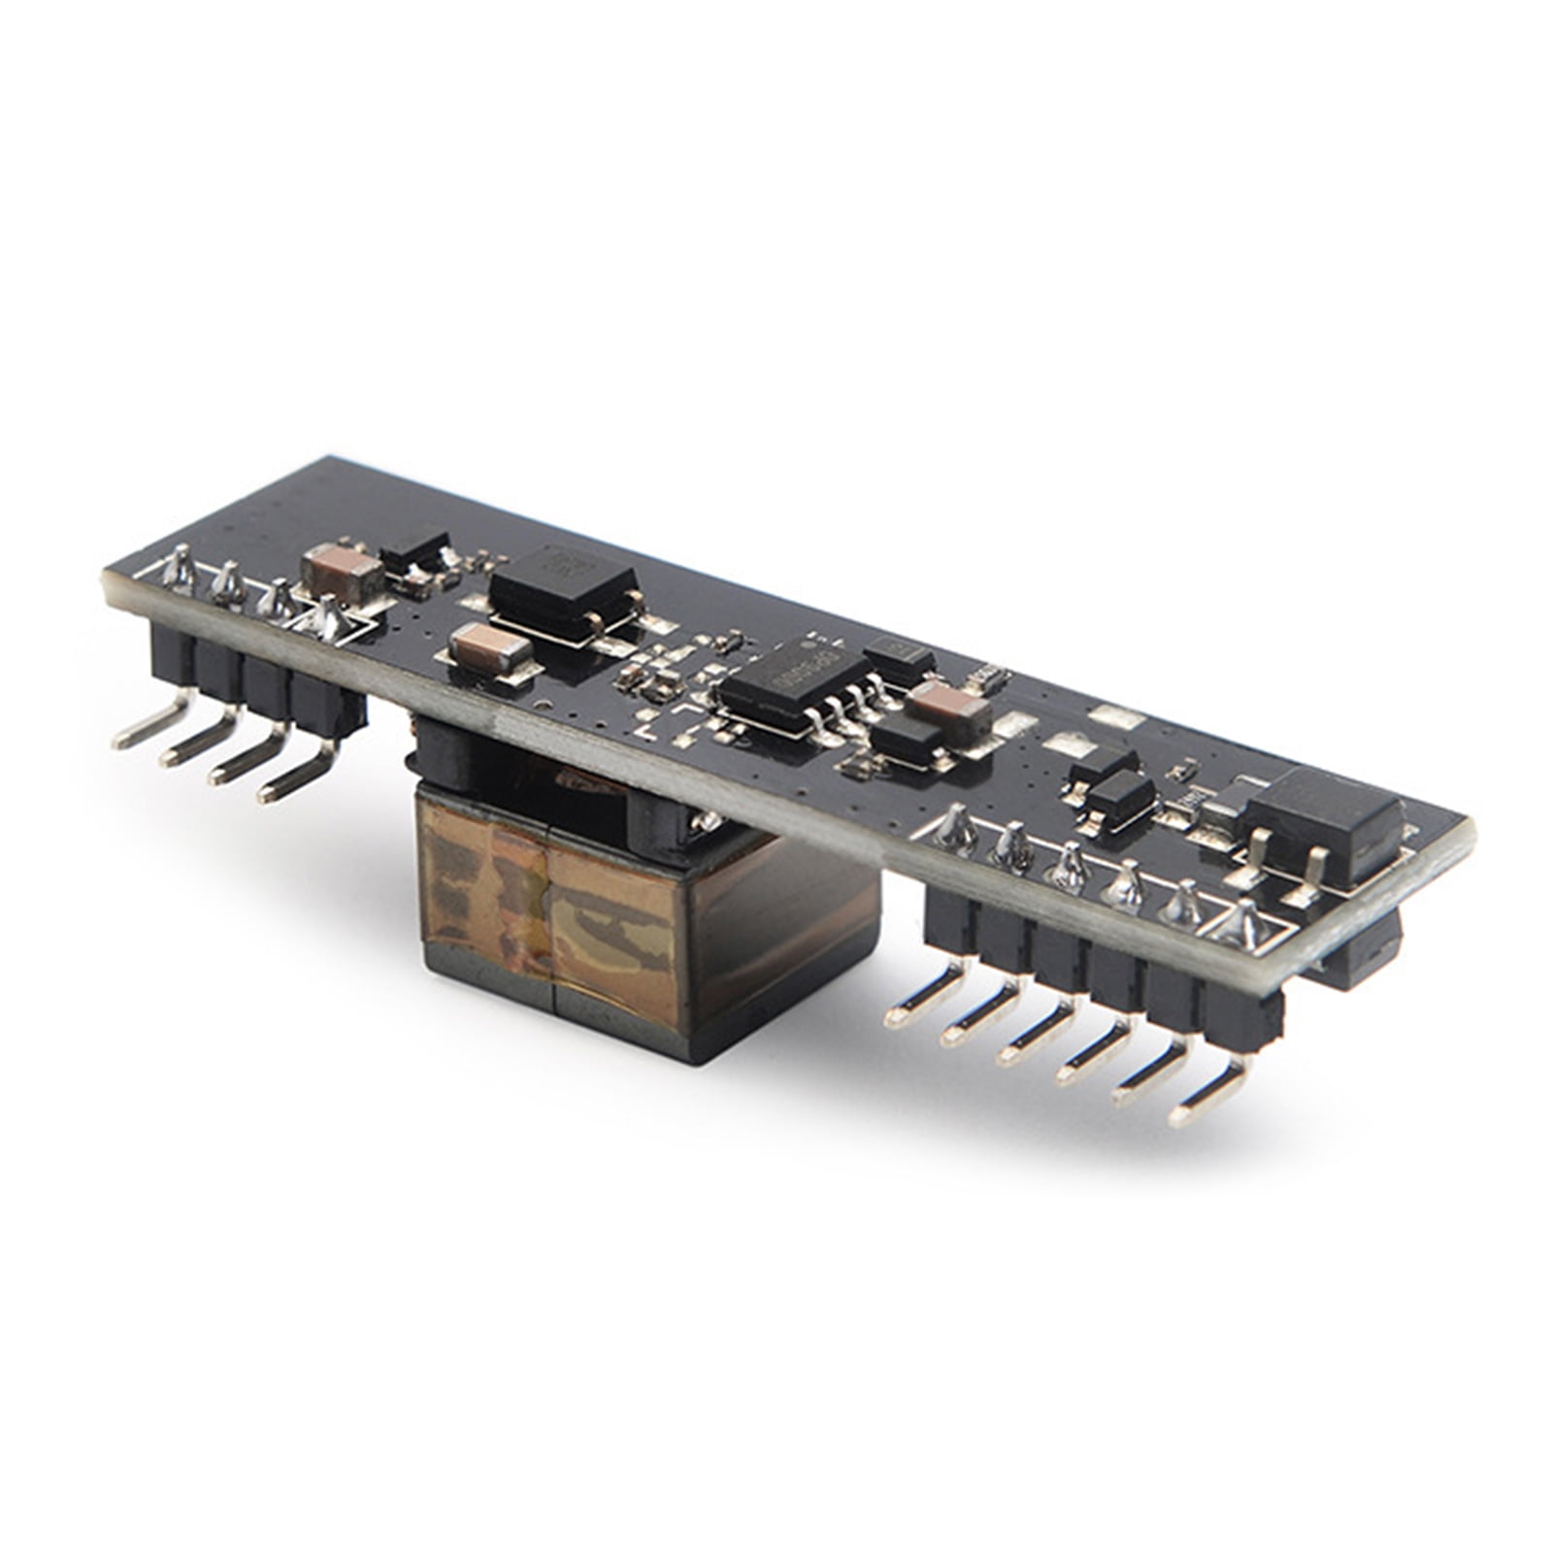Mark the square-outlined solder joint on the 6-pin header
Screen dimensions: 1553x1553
1242,927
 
